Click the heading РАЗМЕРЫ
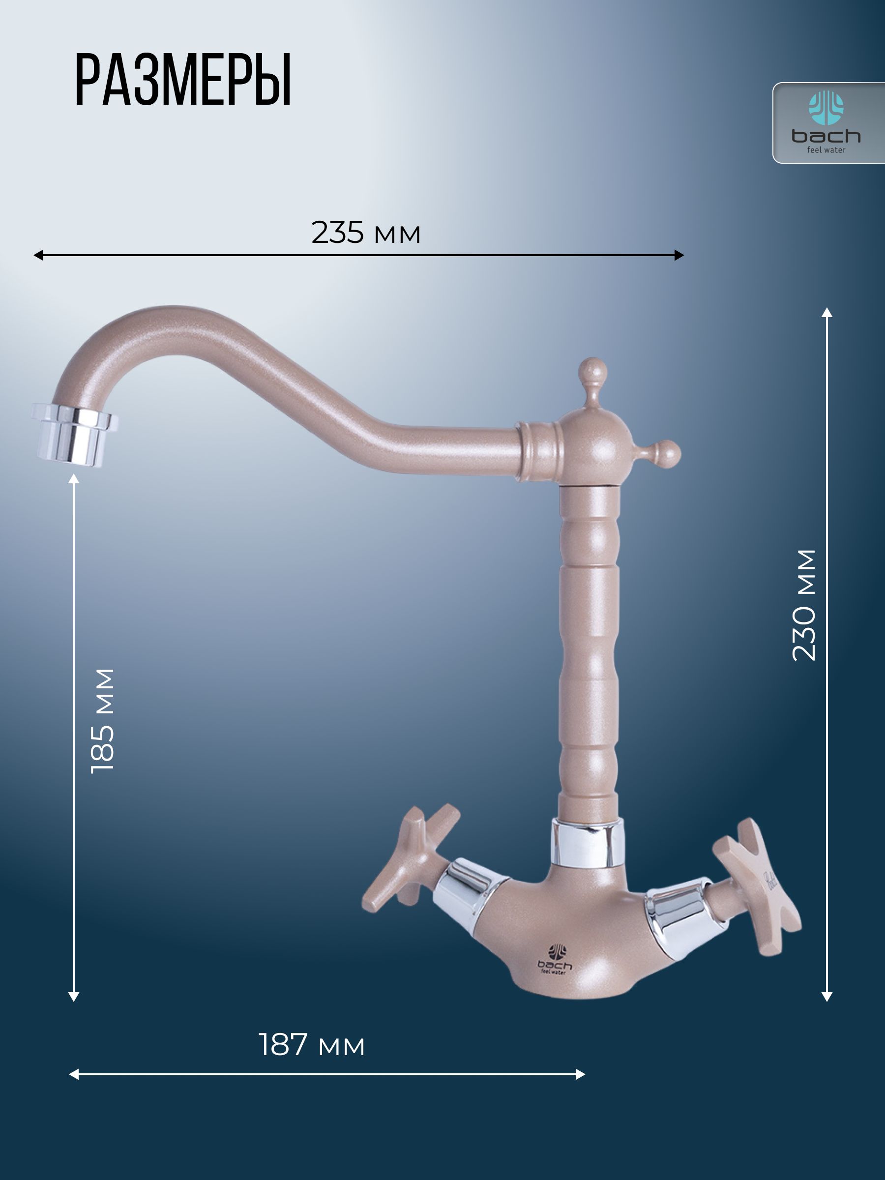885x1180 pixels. pos(183,81)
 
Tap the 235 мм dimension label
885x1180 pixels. pos(366,233)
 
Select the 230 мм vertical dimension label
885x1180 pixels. pos(804,605)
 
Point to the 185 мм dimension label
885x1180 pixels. pos(102,720)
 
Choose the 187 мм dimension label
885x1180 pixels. pos(312,1044)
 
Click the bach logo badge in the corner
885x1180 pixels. pos(828,123)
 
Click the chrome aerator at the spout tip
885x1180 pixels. pos(75,434)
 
